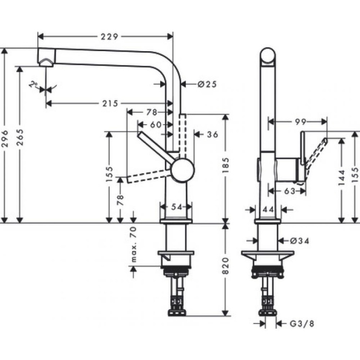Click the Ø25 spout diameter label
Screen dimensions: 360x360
tap(207, 84)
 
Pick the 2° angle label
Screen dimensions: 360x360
tap(35, 85)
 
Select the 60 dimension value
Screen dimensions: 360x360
tap(155, 124)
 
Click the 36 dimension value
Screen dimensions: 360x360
tap(212, 135)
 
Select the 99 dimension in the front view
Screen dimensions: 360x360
tap(299, 122)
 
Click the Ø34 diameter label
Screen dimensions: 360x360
tap(300, 241)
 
